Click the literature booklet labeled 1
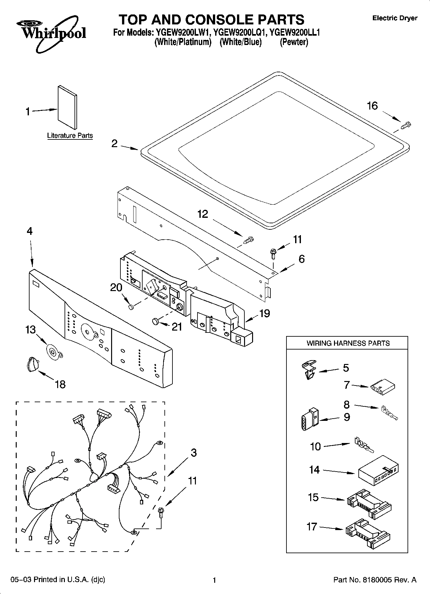tap(67, 107)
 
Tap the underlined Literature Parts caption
tap(70, 136)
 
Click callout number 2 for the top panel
tap(114, 144)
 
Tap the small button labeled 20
tap(131, 307)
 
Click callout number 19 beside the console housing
tap(264, 313)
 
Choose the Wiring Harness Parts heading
tap(348, 343)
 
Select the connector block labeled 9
tap(309, 419)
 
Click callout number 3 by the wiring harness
tap(193, 453)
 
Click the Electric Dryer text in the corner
tap(394, 18)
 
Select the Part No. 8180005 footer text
tap(375, 580)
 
